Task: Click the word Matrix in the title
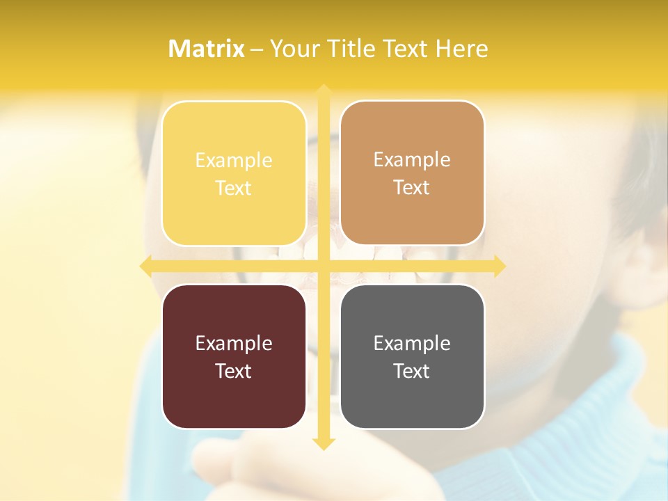coord(207,49)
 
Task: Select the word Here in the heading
coord(462,49)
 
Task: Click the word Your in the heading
coord(296,49)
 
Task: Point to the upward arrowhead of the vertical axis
coord(323,90)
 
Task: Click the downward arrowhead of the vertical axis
coord(323,443)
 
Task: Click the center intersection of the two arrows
coord(323,266)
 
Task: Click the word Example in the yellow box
coord(234,161)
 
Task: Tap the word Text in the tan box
coord(412,188)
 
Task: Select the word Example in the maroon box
coord(234,343)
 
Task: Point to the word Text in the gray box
coord(412,371)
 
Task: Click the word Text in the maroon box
coord(234,371)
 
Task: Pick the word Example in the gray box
coord(412,343)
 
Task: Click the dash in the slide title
coord(257,49)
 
